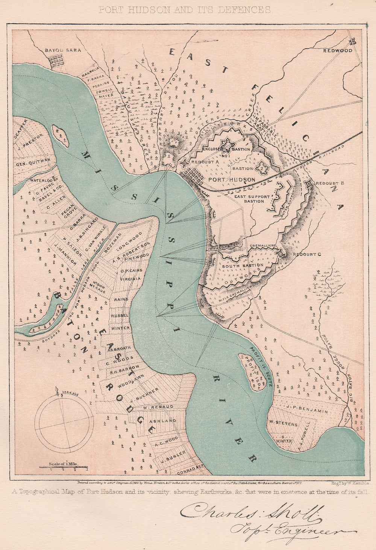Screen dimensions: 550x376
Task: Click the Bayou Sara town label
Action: click(63, 50)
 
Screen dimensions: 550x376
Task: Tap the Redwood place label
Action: click(338, 50)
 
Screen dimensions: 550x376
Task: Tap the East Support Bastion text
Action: click(252, 199)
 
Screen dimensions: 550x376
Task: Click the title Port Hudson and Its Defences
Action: click(185, 10)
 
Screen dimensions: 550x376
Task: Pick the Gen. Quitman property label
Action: click(33, 165)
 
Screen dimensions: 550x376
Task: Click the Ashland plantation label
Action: click(163, 421)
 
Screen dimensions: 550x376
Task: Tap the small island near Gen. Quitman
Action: click(61, 136)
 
